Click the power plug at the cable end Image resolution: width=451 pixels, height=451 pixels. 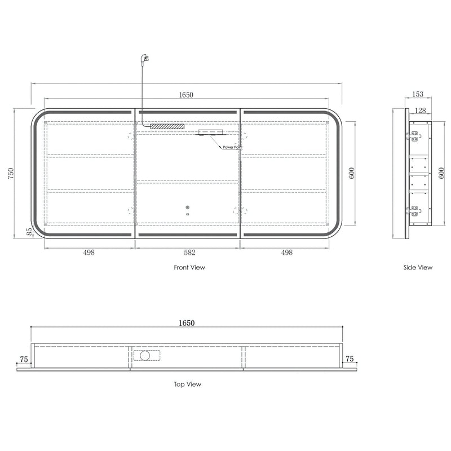tap(144, 60)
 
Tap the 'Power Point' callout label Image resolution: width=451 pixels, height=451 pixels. tap(232, 147)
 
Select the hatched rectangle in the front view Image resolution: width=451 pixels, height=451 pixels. tap(167, 126)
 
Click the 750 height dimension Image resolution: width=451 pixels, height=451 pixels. tap(11, 174)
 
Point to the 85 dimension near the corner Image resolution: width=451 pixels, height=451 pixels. tap(29, 232)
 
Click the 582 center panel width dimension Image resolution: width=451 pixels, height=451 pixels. tap(189, 253)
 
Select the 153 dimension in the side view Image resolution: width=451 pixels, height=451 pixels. tap(418, 94)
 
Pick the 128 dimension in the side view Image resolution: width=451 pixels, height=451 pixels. tap(420, 110)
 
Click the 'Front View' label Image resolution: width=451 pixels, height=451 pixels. tap(189, 267)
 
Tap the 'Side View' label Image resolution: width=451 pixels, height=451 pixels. tap(418, 267)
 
